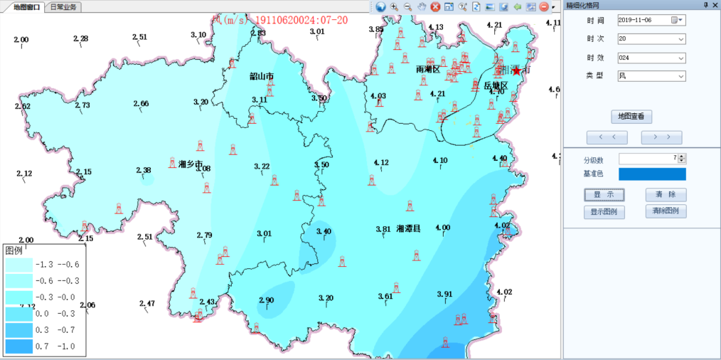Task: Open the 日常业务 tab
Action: click(x=64, y=6)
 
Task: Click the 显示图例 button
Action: click(x=604, y=212)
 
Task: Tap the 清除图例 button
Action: click(x=666, y=211)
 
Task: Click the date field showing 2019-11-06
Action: click(x=643, y=20)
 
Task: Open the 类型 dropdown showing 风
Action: click(x=651, y=75)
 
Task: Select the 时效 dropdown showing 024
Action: click(x=651, y=58)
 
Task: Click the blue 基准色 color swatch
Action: click(x=652, y=174)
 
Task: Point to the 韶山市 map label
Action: click(x=262, y=76)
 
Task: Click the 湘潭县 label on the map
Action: click(x=408, y=228)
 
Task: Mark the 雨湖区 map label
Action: click(x=428, y=70)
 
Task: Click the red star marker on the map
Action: click(x=516, y=70)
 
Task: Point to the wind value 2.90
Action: click(x=266, y=300)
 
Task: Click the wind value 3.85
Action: click(x=375, y=29)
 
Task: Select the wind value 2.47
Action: click(x=146, y=304)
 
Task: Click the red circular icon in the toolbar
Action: click(x=544, y=6)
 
